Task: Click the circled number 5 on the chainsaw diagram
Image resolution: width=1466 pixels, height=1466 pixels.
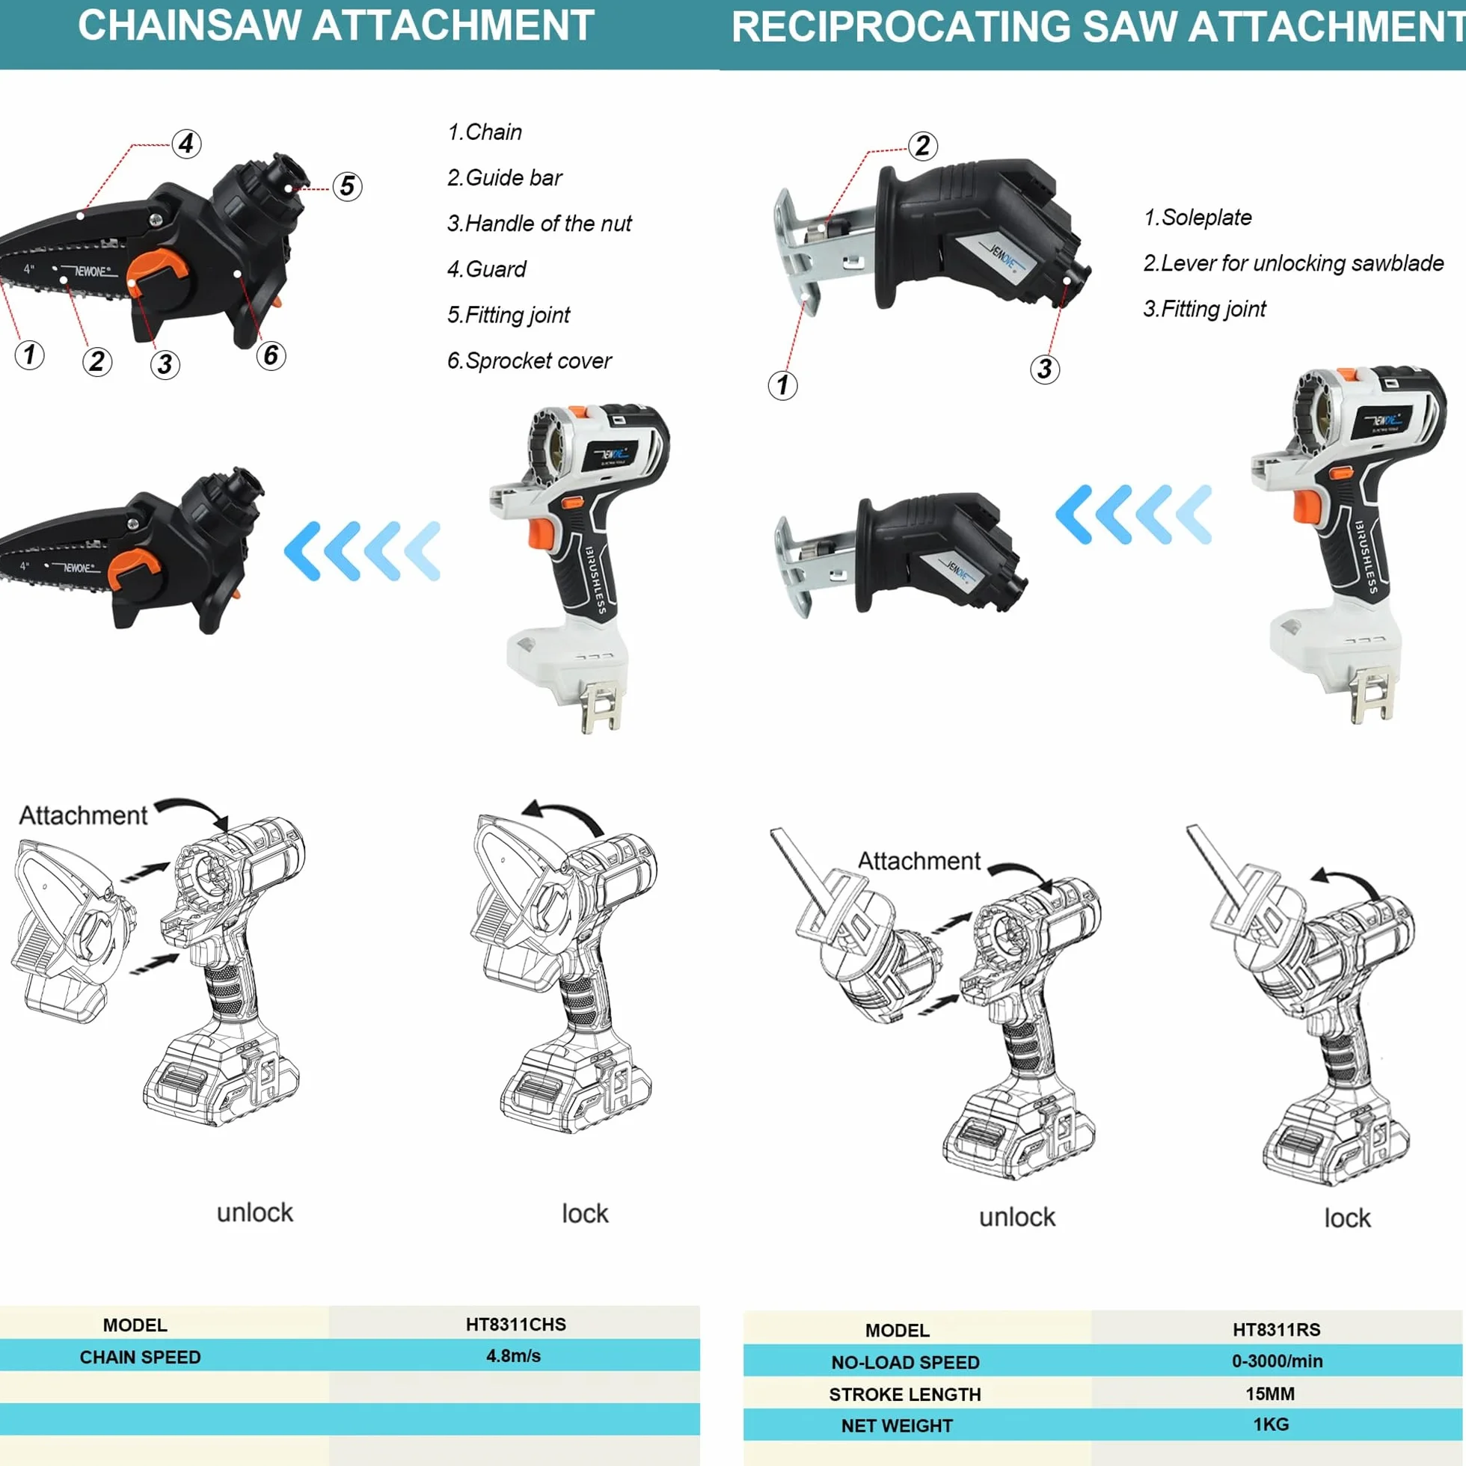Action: (348, 186)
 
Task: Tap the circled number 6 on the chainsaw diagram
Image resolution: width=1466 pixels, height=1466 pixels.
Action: (271, 355)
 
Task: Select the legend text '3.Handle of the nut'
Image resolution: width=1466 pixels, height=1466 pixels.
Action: (539, 223)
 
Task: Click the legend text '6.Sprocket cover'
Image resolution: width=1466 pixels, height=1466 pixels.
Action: (529, 361)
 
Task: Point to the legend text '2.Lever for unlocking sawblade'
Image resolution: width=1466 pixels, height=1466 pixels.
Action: (1293, 263)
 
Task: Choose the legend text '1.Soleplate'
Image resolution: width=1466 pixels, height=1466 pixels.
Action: (1197, 217)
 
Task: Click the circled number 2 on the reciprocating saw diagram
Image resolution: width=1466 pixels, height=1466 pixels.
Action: (923, 145)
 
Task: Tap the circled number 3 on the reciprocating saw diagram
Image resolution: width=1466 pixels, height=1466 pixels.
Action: (1045, 369)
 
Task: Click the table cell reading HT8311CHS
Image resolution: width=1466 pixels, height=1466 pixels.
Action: (516, 1324)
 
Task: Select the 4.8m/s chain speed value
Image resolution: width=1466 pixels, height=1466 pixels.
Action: (514, 1356)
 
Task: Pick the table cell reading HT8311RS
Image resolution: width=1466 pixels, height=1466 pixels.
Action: (1277, 1329)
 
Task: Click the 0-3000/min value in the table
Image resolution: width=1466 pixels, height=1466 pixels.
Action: (1277, 1361)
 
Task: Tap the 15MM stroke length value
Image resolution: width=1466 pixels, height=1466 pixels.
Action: (1270, 1394)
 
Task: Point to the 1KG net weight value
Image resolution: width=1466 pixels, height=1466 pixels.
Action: (1271, 1424)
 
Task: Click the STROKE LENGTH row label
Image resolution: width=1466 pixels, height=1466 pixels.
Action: (904, 1395)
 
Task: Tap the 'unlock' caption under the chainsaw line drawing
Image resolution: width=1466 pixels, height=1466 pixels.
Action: (255, 1212)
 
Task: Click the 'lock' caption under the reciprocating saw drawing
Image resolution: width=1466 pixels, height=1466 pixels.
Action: (1348, 1218)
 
